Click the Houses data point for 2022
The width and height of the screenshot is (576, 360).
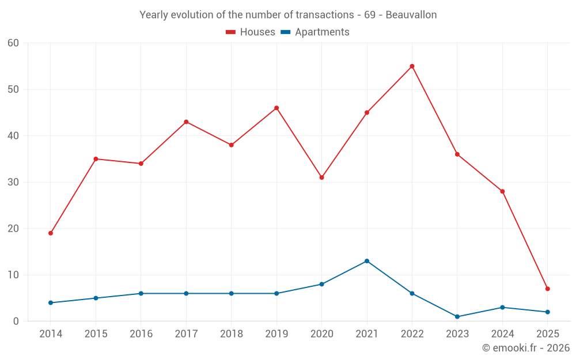[412, 66]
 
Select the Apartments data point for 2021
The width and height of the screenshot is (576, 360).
[367, 261]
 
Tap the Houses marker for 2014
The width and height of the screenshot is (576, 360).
[51, 233]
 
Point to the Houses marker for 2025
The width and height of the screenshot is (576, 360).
[548, 289]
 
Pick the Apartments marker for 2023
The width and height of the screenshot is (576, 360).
[457, 317]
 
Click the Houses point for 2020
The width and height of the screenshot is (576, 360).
[321, 177]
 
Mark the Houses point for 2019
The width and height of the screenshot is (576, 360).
[276, 108]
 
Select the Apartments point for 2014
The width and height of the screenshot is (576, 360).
[51, 302]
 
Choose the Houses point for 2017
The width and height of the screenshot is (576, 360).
[186, 122]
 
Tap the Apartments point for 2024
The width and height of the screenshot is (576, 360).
[502, 308]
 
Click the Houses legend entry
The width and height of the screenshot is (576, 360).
[251, 32]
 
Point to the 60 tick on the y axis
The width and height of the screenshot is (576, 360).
[13, 43]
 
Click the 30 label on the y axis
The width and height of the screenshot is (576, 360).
[13, 182]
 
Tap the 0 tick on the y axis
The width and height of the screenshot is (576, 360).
[16, 321]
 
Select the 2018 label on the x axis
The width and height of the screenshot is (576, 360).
[231, 334]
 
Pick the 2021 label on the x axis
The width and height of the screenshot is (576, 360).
[367, 334]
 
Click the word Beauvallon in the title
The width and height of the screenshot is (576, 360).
[411, 15]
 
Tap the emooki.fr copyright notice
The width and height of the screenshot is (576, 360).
[526, 348]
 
